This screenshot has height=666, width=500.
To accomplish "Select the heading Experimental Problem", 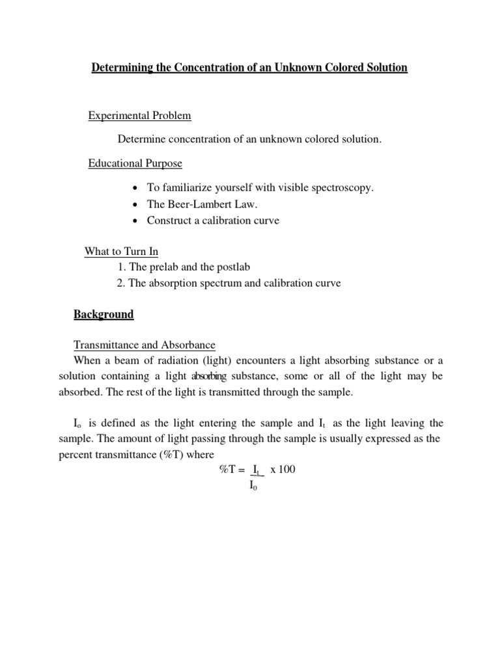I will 139,116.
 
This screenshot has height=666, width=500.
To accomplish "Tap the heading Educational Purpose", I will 135,163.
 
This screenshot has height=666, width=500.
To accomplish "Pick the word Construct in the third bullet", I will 168,220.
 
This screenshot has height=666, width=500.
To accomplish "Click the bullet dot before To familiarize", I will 134,188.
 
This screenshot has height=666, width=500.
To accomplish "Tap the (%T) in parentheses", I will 167,454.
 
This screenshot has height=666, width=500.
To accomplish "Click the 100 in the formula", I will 286,470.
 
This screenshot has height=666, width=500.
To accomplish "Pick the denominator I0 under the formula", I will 254,486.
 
